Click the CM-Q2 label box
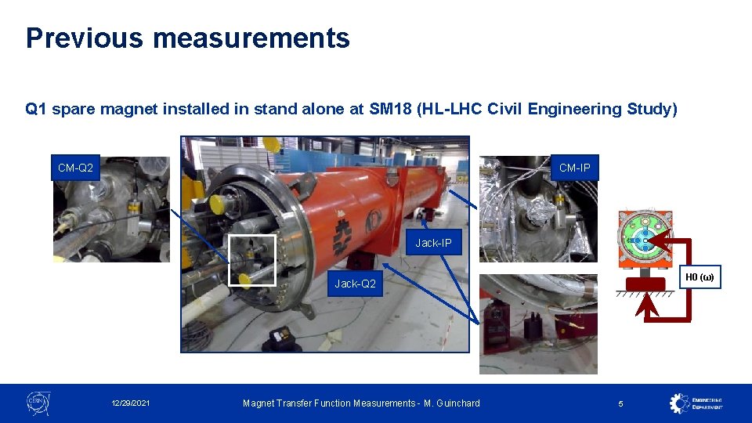(x=75, y=168)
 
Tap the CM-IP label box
(x=574, y=168)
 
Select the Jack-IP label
(x=433, y=243)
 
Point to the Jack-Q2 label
(x=355, y=284)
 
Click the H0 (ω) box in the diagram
(x=700, y=277)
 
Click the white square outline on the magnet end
(x=251, y=260)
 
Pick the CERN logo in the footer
(x=38, y=403)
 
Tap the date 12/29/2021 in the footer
(x=131, y=403)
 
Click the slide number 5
(x=620, y=403)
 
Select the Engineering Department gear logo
(x=679, y=403)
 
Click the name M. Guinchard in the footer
(x=451, y=403)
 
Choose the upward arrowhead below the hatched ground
(x=647, y=308)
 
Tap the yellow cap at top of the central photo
(x=271, y=144)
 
